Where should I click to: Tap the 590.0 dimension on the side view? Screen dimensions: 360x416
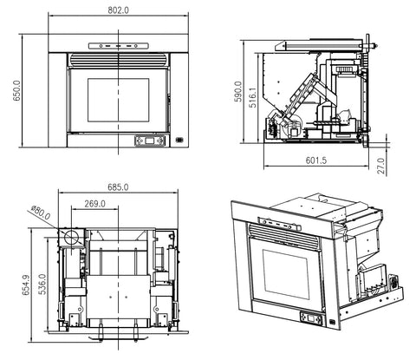(x=240, y=91)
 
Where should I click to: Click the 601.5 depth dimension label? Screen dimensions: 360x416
(x=316, y=160)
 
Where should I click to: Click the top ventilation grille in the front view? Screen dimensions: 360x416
(x=117, y=62)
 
